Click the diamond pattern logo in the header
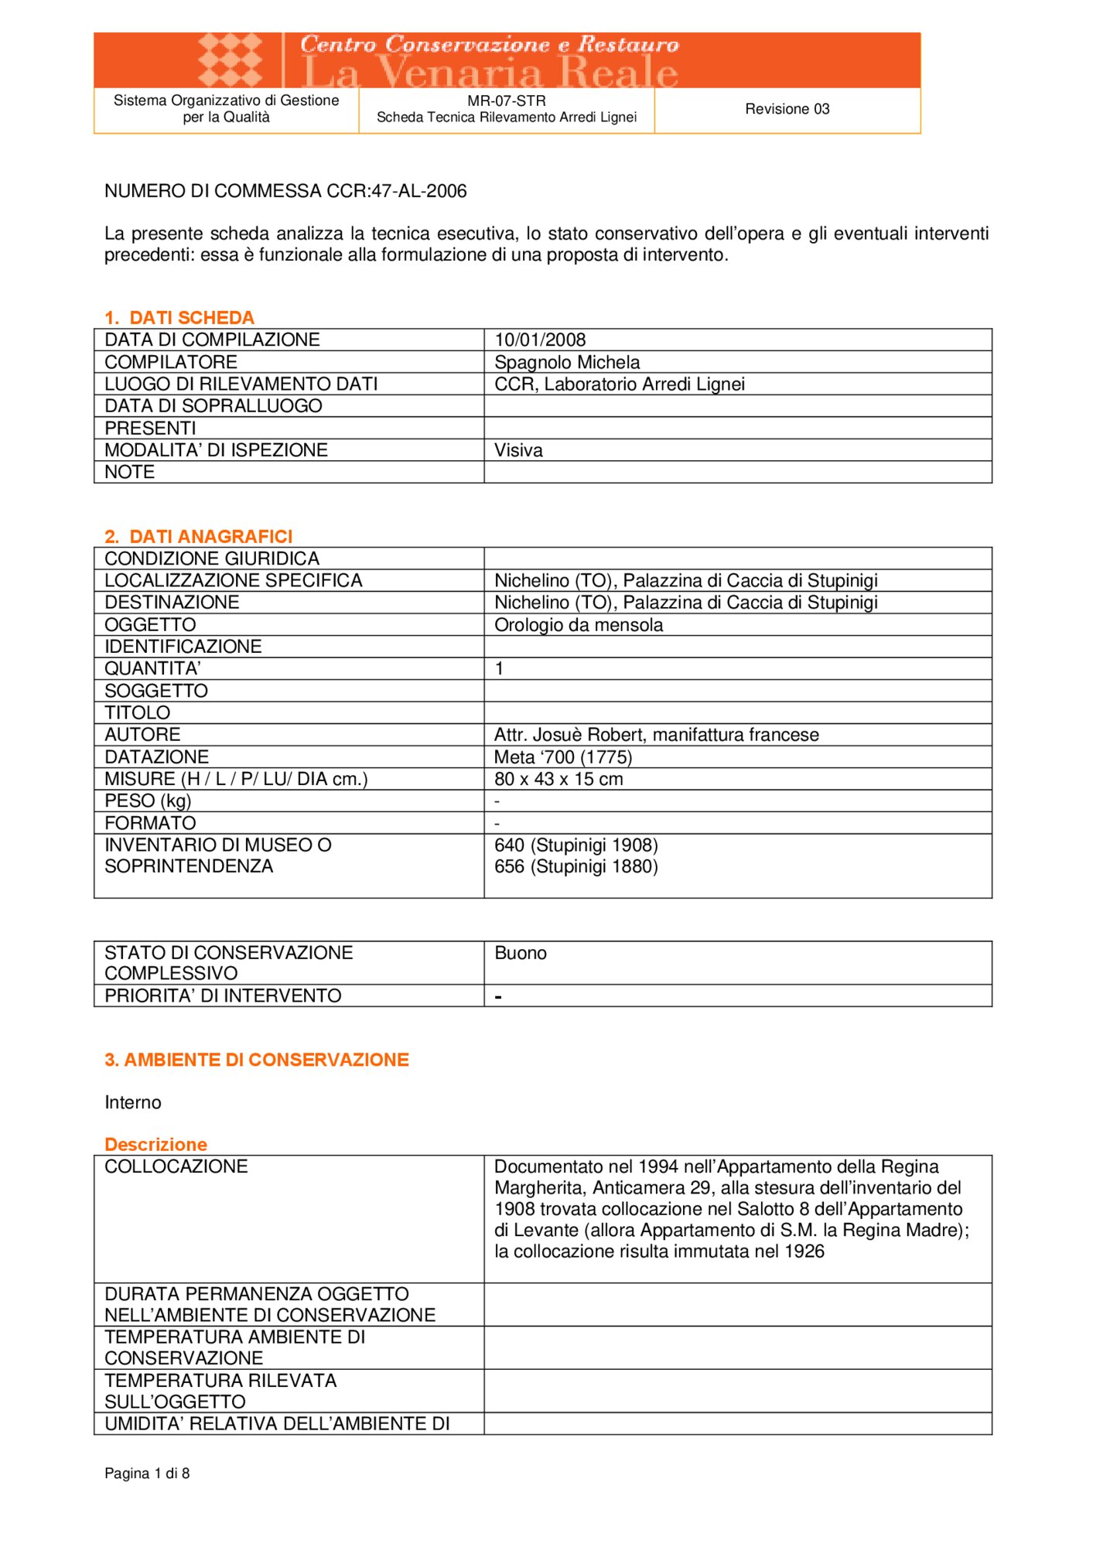click(x=230, y=60)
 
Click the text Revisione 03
click(x=787, y=109)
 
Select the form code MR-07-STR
click(x=506, y=101)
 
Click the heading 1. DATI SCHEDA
click(x=179, y=318)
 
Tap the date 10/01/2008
click(x=540, y=340)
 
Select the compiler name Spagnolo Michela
click(x=567, y=362)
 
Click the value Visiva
click(x=518, y=450)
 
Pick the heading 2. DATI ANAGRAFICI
click(x=199, y=537)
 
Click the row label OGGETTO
click(x=150, y=624)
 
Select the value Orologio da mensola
click(x=579, y=624)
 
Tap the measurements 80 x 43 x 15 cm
click(x=558, y=779)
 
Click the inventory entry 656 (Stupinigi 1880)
click(x=576, y=866)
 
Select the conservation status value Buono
click(x=521, y=953)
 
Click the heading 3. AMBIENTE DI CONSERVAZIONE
click(x=257, y=1060)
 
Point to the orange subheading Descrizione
click(x=156, y=1144)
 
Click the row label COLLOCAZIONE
click(x=176, y=1166)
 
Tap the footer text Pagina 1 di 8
click(x=147, y=1473)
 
